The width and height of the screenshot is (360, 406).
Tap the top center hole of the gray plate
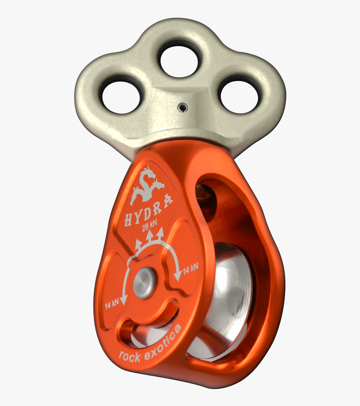[x=179, y=61]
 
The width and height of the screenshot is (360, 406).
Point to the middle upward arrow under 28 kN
[x=148, y=237]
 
